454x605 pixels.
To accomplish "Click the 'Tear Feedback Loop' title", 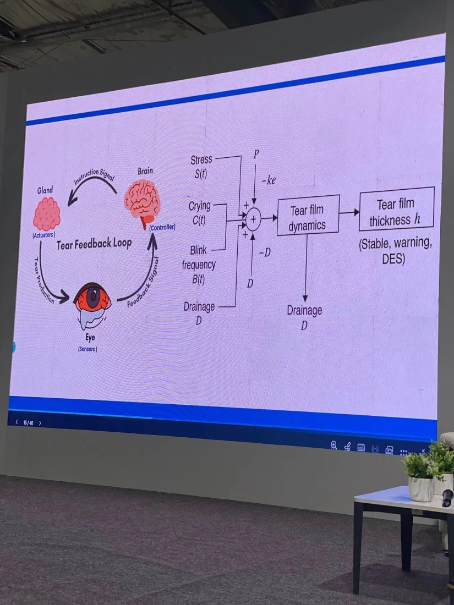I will (x=94, y=243).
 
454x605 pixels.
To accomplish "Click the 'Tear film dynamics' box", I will (x=307, y=218).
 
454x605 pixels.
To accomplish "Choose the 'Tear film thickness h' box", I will (x=396, y=212).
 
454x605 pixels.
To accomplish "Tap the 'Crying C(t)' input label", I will (x=199, y=211).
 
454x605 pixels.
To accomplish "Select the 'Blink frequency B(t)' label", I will (x=199, y=265).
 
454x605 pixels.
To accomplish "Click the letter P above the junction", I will (x=256, y=155).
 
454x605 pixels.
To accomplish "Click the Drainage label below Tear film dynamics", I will (x=304, y=317).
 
